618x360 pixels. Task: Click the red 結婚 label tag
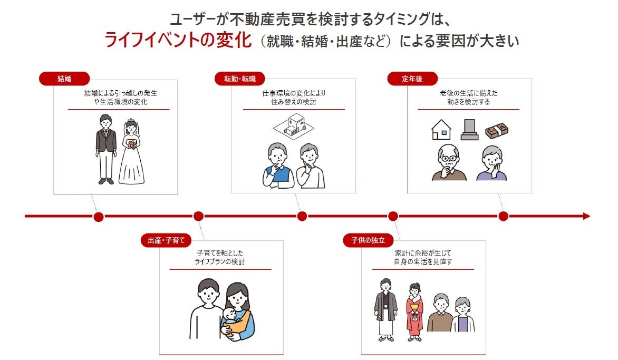coord(64,79)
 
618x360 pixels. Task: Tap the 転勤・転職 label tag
coord(239,79)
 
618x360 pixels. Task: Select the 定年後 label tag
coord(412,79)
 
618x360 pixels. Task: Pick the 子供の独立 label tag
coord(368,241)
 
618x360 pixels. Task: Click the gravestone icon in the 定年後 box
coord(469,129)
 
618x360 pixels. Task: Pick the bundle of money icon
coord(496,129)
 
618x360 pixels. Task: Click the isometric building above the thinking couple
coord(293,127)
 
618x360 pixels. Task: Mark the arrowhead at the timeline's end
coord(586,216)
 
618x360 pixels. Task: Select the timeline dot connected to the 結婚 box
coord(99,216)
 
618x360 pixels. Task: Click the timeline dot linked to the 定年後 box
coord(503,216)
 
